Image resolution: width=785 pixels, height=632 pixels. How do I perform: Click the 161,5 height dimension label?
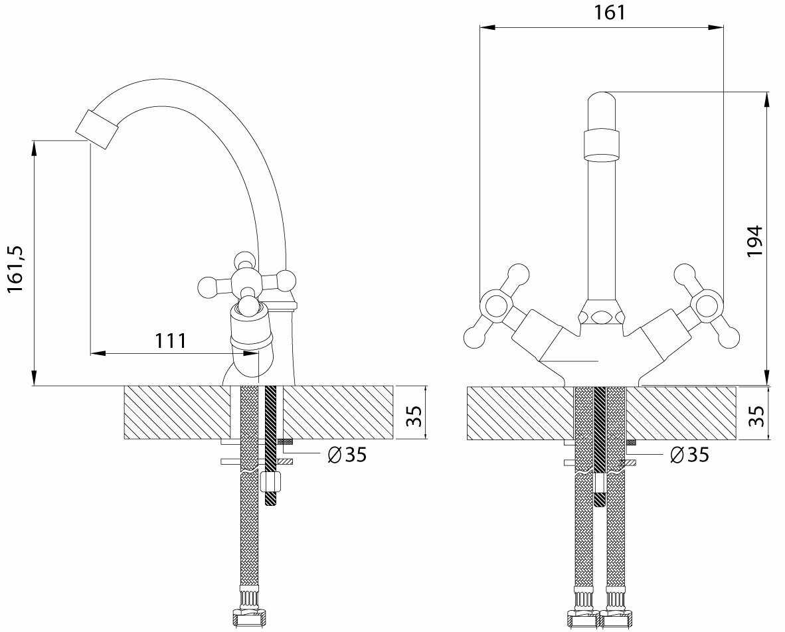(16, 268)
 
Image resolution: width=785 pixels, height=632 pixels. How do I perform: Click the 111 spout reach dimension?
(171, 341)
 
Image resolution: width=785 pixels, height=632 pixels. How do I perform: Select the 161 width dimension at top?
(610, 12)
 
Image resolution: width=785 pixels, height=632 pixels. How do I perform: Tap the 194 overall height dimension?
(754, 242)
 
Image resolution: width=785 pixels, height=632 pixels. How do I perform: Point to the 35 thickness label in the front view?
(756, 416)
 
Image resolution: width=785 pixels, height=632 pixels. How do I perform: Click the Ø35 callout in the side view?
(347, 455)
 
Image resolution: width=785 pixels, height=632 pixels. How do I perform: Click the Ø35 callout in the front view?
(689, 455)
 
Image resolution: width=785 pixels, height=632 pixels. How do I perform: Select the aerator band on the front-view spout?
(601, 145)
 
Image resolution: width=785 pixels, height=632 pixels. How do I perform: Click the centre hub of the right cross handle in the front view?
(706, 306)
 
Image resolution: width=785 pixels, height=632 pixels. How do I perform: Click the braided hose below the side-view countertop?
(249, 531)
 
